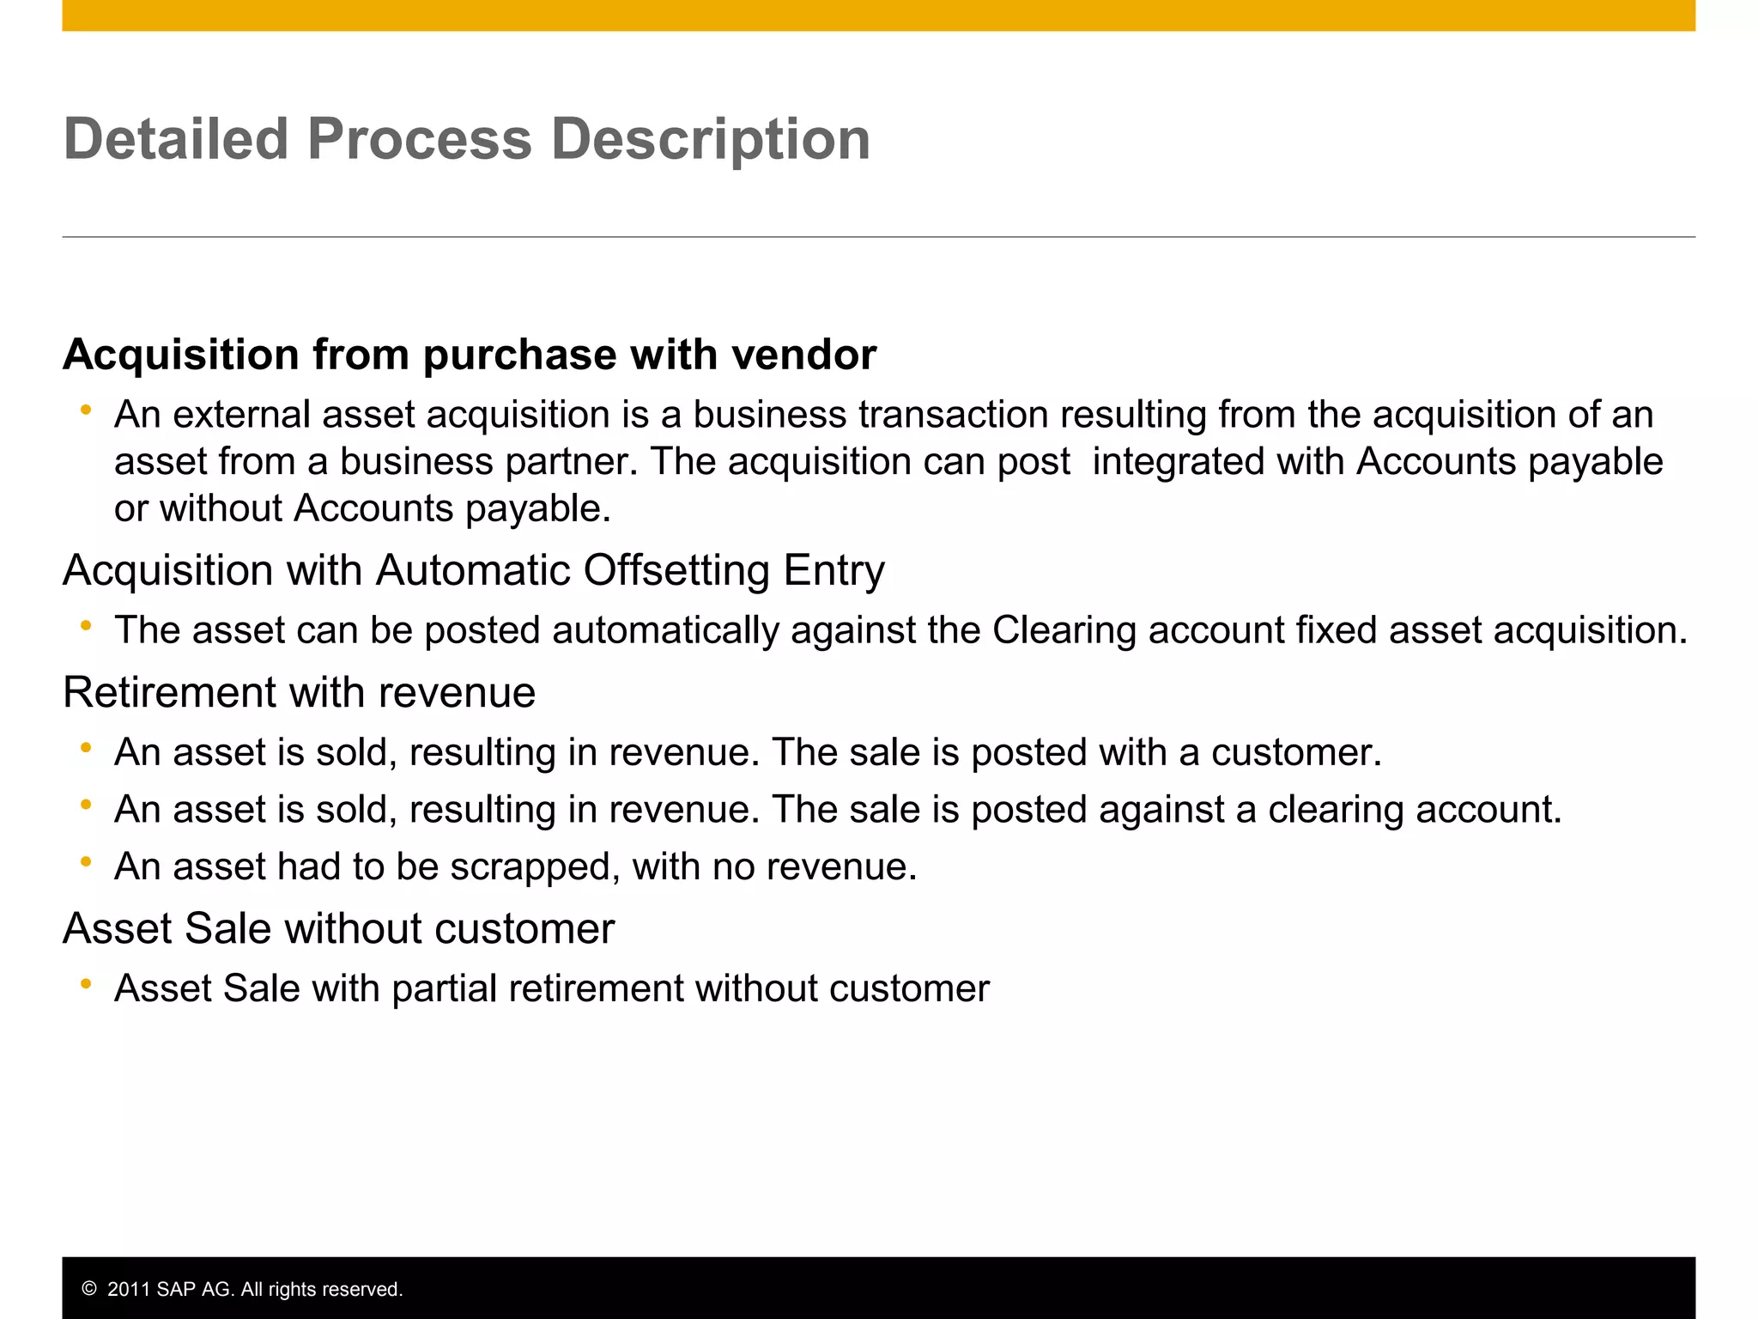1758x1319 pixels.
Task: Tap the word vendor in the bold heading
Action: (x=803, y=355)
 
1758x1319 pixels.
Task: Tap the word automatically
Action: (x=665, y=630)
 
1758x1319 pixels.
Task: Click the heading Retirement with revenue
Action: (x=299, y=692)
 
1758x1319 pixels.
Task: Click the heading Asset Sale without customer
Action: (x=339, y=928)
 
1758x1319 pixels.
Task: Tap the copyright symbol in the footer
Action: (x=89, y=1289)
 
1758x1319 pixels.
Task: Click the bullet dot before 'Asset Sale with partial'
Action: (x=86, y=984)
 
